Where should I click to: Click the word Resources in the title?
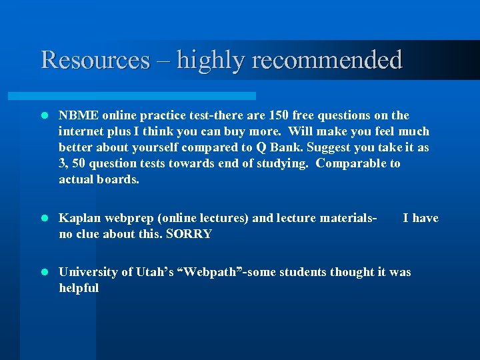coord(95,60)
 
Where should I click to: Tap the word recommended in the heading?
coord(327,60)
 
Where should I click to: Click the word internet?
coord(82,131)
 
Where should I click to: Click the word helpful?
coord(79,288)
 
